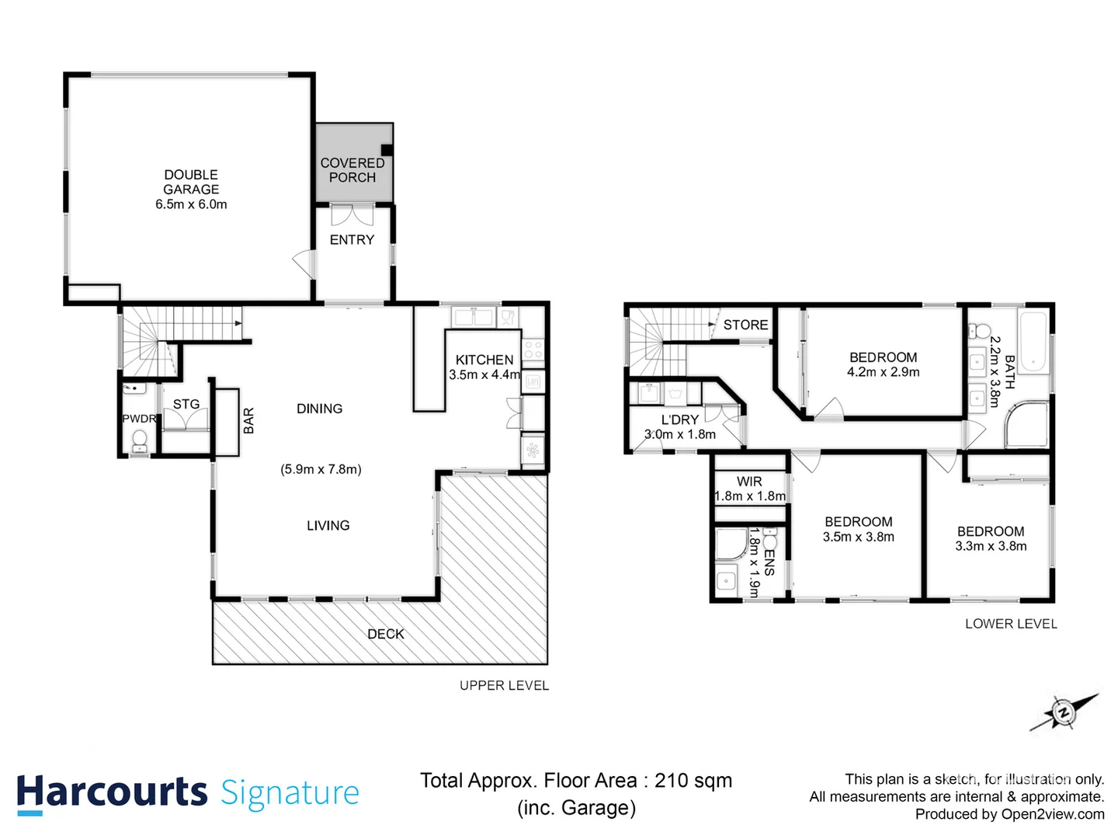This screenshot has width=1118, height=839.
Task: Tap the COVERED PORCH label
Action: [352, 170]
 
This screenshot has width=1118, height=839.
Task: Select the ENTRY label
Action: [352, 240]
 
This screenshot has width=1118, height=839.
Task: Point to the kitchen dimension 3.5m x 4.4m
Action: [484, 374]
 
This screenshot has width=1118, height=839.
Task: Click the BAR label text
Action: [248, 420]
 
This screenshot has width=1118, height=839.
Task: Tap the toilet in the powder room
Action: [140, 441]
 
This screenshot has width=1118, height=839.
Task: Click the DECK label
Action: [386, 634]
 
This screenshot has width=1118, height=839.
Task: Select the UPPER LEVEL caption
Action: [504, 685]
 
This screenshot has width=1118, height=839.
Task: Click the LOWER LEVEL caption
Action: [1011, 624]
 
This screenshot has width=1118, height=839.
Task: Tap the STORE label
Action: [745, 325]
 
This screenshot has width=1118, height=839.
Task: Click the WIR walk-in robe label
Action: [749, 482]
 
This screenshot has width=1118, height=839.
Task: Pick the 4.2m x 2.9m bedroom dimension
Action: [883, 372]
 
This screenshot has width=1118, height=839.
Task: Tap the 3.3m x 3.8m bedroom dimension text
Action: [991, 546]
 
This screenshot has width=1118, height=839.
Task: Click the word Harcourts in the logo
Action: [113, 792]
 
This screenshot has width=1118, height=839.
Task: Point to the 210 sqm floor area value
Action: [693, 781]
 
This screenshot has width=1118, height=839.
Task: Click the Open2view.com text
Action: [1052, 814]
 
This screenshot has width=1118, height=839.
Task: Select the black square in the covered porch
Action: [387, 151]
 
